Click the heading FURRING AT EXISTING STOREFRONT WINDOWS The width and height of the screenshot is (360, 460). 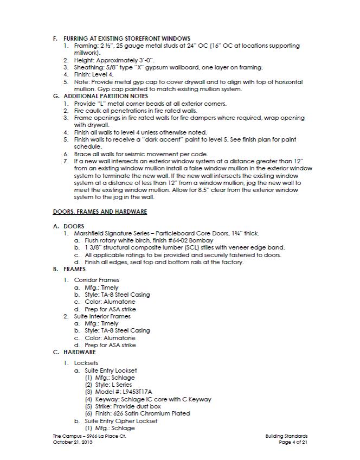[126, 39]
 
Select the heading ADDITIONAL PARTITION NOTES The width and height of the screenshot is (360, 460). [106, 96]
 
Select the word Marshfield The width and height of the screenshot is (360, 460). [92, 233]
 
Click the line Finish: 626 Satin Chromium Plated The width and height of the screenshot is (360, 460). [138, 413]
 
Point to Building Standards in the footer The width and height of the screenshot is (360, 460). [287, 436]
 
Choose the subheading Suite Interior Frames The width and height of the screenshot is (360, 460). [102, 316]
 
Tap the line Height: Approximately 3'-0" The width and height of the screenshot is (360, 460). [114, 60]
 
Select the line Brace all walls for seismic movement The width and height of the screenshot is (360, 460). [140, 154]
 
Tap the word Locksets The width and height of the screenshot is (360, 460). [87, 362]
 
